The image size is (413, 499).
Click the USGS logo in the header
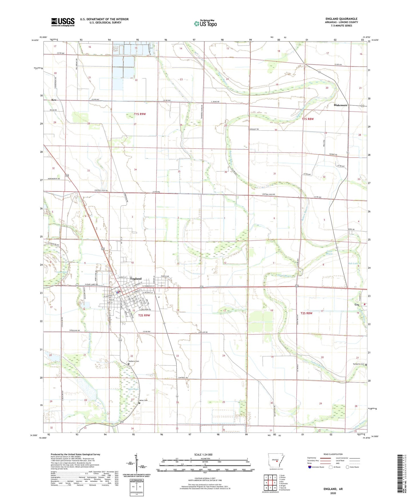(63, 22)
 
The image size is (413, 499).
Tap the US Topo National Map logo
(205, 23)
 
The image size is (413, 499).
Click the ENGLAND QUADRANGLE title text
(341, 19)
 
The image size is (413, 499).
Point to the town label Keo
(54, 100)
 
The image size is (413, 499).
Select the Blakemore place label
(340, 105)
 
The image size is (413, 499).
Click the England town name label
(136, 279)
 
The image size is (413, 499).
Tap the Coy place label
(357, 305)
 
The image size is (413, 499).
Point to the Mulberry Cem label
(134, 361)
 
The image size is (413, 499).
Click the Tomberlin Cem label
(358, 364)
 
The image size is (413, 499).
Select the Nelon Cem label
(143, 400)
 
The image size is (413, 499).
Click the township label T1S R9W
(140, 114)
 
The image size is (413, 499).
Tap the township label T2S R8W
(306, 313)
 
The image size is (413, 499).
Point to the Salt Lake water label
(353, 263)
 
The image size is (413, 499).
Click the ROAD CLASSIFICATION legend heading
(333, 454)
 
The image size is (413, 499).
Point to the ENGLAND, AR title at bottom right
(333, 489)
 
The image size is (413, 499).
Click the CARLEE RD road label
(203, 332)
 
